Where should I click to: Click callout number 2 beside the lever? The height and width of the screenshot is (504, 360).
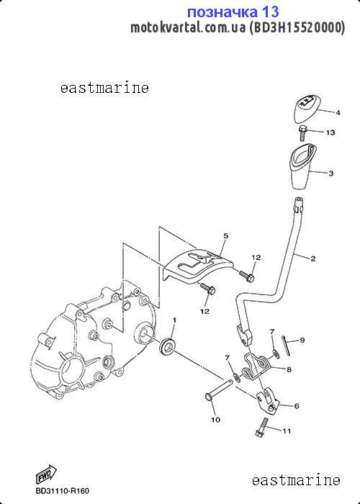tap(312, 258)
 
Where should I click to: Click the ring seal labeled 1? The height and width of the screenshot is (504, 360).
tap(167, 346)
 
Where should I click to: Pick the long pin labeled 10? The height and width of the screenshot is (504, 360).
tap(218, 390)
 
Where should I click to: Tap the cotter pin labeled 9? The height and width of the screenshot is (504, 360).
tap(286, 346)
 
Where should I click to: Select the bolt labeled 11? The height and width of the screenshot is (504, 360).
tap(261, 427)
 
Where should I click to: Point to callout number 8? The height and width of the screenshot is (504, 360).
tap(289, 369)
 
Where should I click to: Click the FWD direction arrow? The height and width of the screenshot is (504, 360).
tap(46, 474)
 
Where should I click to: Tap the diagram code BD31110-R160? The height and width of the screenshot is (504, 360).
tap(63, 491)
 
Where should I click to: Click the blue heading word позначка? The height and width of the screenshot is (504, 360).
tap(222, 12)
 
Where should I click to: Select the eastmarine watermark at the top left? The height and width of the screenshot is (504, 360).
tap(104, 88)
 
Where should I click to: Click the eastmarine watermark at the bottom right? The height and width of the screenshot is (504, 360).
tap(296, 480)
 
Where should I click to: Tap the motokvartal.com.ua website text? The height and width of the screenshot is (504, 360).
tap(188, 27)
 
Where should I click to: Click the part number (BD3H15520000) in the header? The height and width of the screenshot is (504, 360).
tap(297, 27)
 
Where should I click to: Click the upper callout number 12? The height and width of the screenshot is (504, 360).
tap(256, 257)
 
